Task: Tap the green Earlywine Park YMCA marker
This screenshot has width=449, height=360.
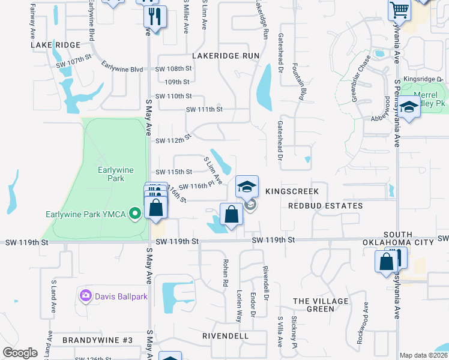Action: pyautogui.click(x=136, y=213)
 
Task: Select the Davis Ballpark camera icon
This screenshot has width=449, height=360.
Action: pyautogui.click(x=85, y=295)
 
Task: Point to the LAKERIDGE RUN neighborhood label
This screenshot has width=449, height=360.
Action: pyautogui.click(x=225, y=55)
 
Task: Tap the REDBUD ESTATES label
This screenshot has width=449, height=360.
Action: pyautogui.click(x=325, y=206)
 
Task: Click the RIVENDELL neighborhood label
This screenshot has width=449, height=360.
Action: pyautogui.click(x=225, y=336)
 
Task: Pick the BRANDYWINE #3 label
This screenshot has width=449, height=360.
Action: pyautogui.click(x=97, y=340)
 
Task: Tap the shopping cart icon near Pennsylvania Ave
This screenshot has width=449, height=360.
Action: pyautogui.click(x=399, y=10)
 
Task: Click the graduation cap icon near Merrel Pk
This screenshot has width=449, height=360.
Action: pyautogui.click(x=410, y=108)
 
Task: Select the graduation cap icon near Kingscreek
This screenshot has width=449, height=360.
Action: pyautogui.click(x=247, y=187)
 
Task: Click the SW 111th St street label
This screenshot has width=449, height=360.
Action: pyautogui.click(x=204, y=109)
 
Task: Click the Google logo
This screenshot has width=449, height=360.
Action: pyautogui.click(x=20, y=353)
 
